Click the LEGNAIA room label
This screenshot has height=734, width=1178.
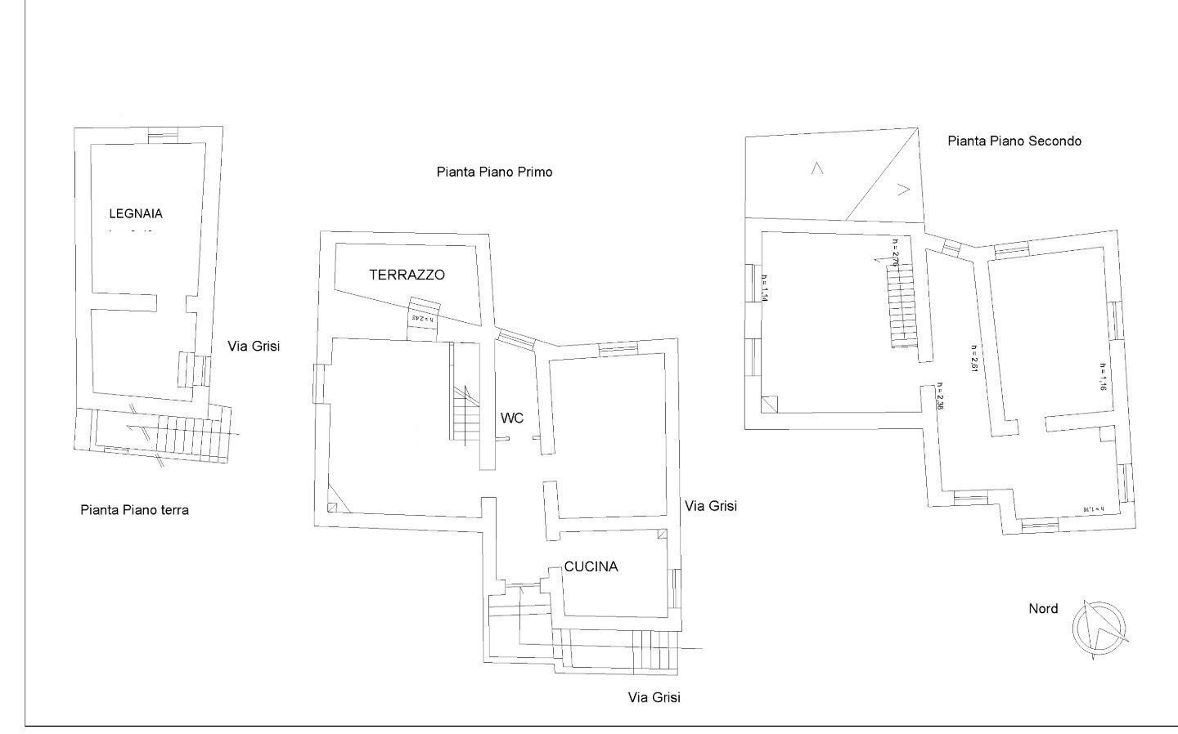coord(136,214)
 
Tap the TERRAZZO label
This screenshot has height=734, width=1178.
coord(407,275)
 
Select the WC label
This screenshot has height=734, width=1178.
coord(512,418)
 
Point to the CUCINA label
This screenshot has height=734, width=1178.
coord(591,566)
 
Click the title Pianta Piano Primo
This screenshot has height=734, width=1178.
coord(494,172)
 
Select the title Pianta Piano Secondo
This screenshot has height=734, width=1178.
coord(1014,141)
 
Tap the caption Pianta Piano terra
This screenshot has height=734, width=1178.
coord(134,510)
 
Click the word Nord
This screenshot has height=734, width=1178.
coord(1043,608)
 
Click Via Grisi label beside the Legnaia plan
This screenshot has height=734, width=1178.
coord(254,346)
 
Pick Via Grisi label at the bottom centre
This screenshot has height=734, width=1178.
coord(654,697)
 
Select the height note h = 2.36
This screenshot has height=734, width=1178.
coord(942,401)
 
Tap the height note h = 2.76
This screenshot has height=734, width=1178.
coord(896,253)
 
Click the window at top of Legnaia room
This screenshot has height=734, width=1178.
coord(161,135)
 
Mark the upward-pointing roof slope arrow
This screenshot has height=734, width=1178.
coord(816,168)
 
